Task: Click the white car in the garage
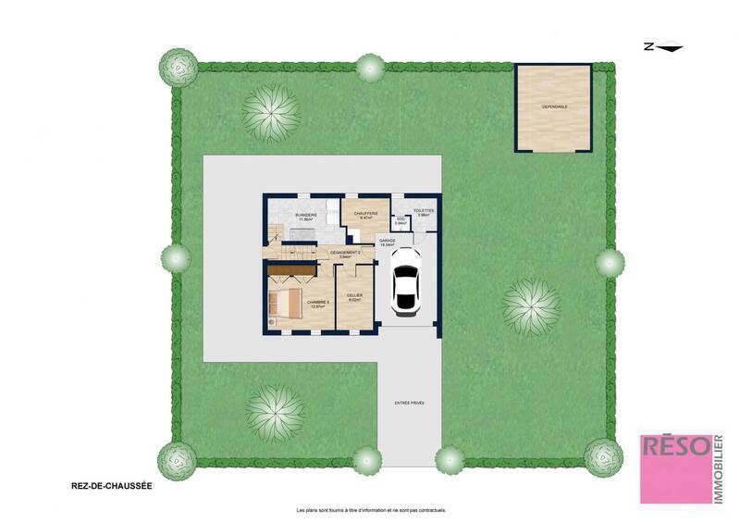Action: (x=404, y=280)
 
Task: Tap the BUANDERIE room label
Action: (x=306, y=218)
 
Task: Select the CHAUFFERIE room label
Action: (x=365, y=215)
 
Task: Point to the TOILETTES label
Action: (x=424, y=212)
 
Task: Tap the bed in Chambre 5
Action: (x=284, y=302)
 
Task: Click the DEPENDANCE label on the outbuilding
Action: (x=555, y=107)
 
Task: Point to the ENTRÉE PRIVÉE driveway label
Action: (x=411, y=403)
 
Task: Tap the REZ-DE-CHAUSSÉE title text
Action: (x=111, y=484)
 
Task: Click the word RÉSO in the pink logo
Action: (x=675, y=448)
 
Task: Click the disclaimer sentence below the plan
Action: (x=370, y=511)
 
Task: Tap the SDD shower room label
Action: (x=401, y=222)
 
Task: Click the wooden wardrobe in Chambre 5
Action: (x=290, y=269)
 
